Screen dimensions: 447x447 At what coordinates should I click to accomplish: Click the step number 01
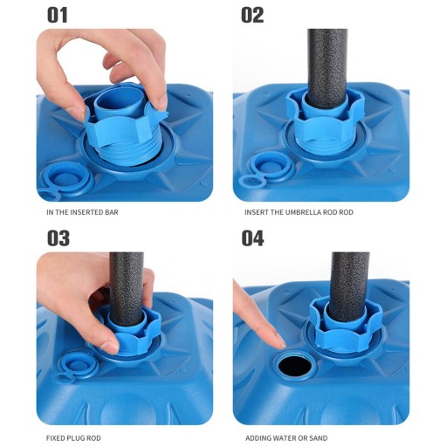58,15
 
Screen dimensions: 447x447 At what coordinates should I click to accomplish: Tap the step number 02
252,15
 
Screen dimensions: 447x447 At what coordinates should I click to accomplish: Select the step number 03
58,238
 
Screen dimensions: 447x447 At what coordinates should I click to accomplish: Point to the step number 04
252,238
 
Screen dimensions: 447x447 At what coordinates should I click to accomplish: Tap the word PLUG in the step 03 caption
76,438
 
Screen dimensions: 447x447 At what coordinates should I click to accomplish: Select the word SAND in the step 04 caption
320,438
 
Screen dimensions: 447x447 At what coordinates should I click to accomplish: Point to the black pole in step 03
127,288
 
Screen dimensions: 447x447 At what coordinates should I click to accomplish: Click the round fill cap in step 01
68,178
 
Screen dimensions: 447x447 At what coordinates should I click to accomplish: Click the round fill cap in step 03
79,364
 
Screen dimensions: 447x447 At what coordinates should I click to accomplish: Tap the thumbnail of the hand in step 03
110,347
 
